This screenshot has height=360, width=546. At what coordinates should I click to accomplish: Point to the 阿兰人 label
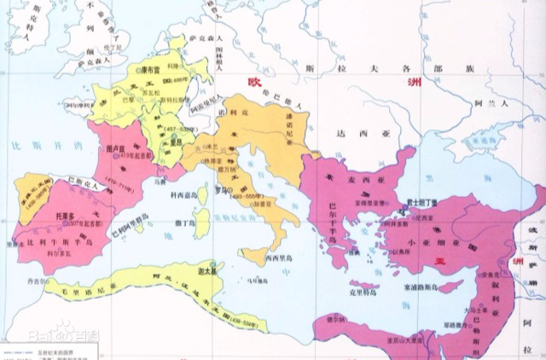tap(491, 103)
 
